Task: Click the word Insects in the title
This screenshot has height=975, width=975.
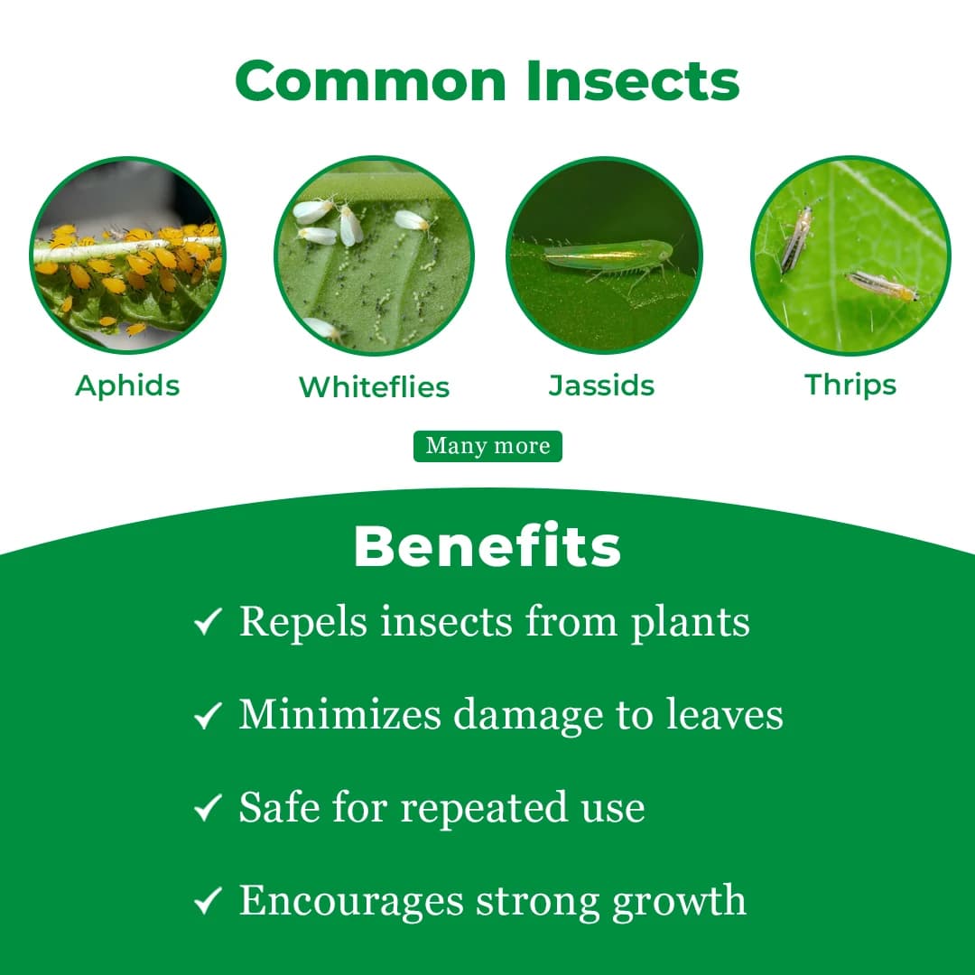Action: pos(633,80)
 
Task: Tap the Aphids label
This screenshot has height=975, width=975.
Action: pos(127,385)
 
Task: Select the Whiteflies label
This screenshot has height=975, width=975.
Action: pos(374,387)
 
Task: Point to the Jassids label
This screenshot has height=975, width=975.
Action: pos(601,385)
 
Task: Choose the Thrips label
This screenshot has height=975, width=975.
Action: pos(850,385)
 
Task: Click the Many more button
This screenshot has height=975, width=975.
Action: pos(487,446)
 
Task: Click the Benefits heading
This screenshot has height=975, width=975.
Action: pos(487,546)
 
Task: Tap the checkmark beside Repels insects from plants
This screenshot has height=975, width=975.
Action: pos(208,622)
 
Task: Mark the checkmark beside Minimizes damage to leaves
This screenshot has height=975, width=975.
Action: pos(208,716)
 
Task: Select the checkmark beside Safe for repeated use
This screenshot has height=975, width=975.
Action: pos(208,808)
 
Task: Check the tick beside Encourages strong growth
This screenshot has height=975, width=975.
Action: pos(208,901)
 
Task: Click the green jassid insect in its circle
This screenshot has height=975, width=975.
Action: pos(610,255)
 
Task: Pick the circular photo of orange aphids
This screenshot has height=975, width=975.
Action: pos(127,256)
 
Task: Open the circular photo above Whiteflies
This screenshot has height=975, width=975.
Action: pos(374,256)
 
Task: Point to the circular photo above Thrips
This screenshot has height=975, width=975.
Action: pos(850,256)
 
